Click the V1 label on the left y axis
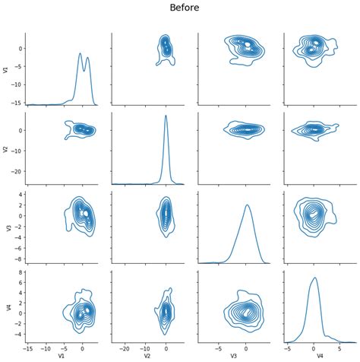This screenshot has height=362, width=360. pos(6,69)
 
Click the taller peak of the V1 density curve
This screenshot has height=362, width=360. pos(81,54)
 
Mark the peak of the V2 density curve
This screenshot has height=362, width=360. pos(166,116)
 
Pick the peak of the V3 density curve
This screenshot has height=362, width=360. pos(247,205)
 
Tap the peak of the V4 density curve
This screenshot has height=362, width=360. pos(314,278)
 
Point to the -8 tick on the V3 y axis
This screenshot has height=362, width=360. pos(18,259)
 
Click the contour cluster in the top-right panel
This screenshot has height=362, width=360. pos(313,47)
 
